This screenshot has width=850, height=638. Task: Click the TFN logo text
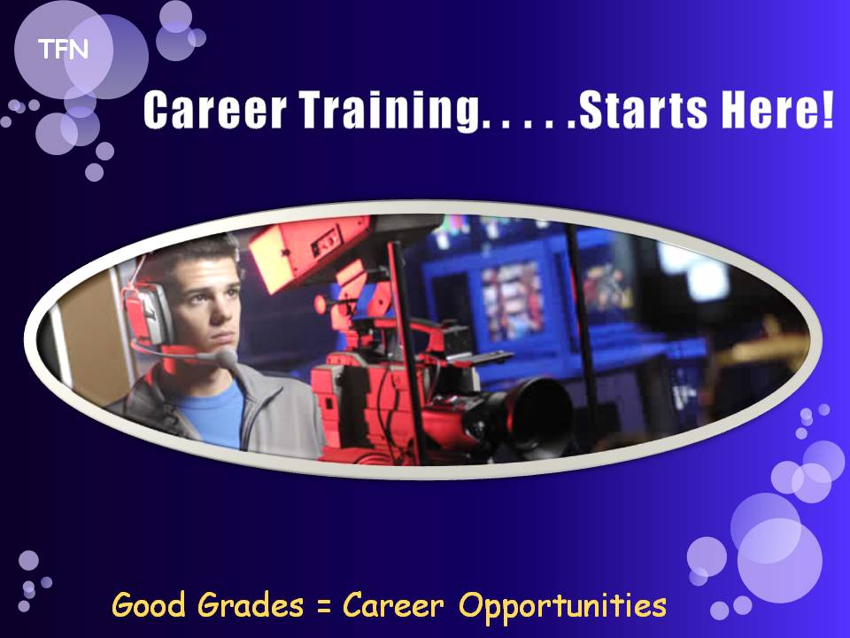[63, 50]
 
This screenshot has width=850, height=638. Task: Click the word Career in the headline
[214, 110]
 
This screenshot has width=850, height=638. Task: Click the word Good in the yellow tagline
[149, 604]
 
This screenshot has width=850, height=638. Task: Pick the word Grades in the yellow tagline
[250, 605]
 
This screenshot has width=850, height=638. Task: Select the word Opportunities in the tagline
[563, 606]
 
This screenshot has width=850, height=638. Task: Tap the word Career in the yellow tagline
[393, 604]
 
